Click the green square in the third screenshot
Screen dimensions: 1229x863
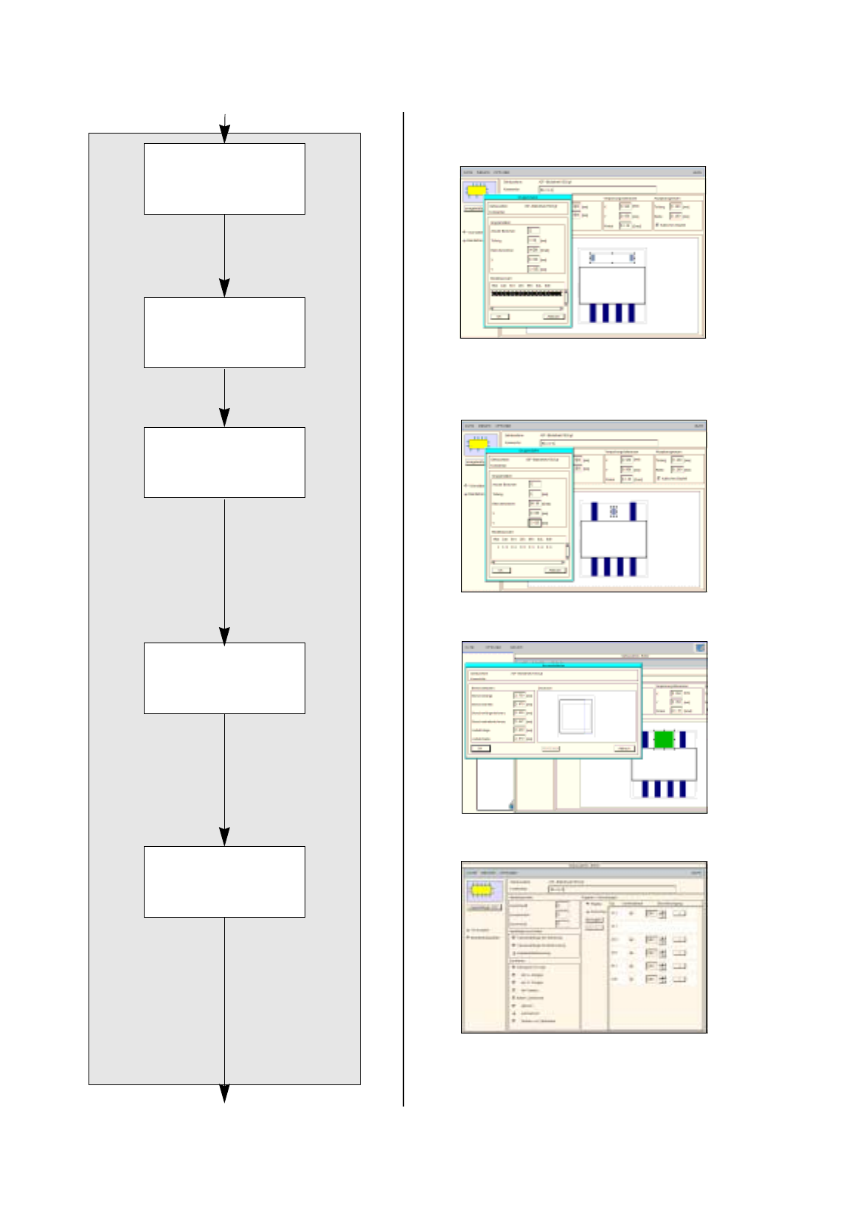click(x=665, y=739)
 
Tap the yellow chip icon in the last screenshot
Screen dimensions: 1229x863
click(x=482, y=891)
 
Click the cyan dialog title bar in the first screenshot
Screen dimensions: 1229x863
click(x=528, y=198)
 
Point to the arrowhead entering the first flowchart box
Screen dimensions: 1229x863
click(x=224, y=135)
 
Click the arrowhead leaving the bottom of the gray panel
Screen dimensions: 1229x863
click(x=224, y=1093)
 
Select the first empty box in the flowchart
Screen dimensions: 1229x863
click(x=224, y=179)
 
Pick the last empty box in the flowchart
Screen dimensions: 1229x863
click(x=224, y=882)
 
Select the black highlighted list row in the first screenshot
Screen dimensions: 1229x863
click(x=527, y=293)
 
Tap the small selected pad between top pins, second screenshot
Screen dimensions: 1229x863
click(x=613, y=511)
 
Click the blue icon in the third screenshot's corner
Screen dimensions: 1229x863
click(x=700, y=648)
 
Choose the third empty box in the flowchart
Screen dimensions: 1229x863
click(x=224, y=463)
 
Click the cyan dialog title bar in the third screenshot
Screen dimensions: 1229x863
click(x=553, y=665)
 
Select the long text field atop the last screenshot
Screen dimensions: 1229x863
click(x=611, y=889)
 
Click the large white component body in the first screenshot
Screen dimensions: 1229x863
click(x=611, y=285)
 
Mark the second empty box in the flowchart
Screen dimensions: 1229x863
click(x=224, y=333)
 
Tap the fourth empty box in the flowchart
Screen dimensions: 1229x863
click(x=224, y=678)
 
